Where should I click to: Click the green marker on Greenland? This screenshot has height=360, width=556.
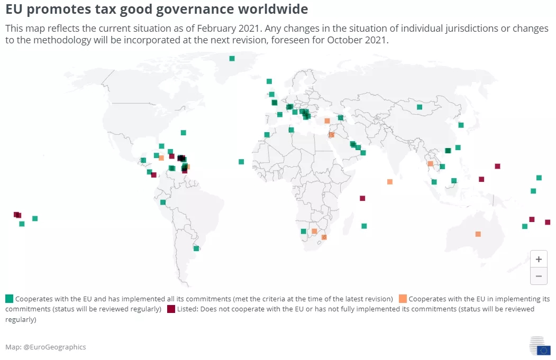232,59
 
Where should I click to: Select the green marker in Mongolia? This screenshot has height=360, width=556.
420,107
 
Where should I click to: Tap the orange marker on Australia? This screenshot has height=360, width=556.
478,234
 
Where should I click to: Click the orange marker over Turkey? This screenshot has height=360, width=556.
327,121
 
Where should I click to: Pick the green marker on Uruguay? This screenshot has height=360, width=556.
196,248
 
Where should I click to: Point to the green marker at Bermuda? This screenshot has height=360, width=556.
183,133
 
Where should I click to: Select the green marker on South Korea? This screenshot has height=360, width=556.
461,125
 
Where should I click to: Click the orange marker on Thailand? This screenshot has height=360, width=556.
431,164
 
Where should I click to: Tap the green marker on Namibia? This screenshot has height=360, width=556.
303,231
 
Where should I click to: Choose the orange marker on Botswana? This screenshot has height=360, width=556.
314,231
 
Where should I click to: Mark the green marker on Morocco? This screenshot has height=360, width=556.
267,135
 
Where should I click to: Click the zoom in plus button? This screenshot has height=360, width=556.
539,260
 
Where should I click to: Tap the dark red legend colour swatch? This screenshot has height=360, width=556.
171,309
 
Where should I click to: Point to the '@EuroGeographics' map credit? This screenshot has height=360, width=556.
55,347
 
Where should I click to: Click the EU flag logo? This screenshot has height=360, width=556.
543,350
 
